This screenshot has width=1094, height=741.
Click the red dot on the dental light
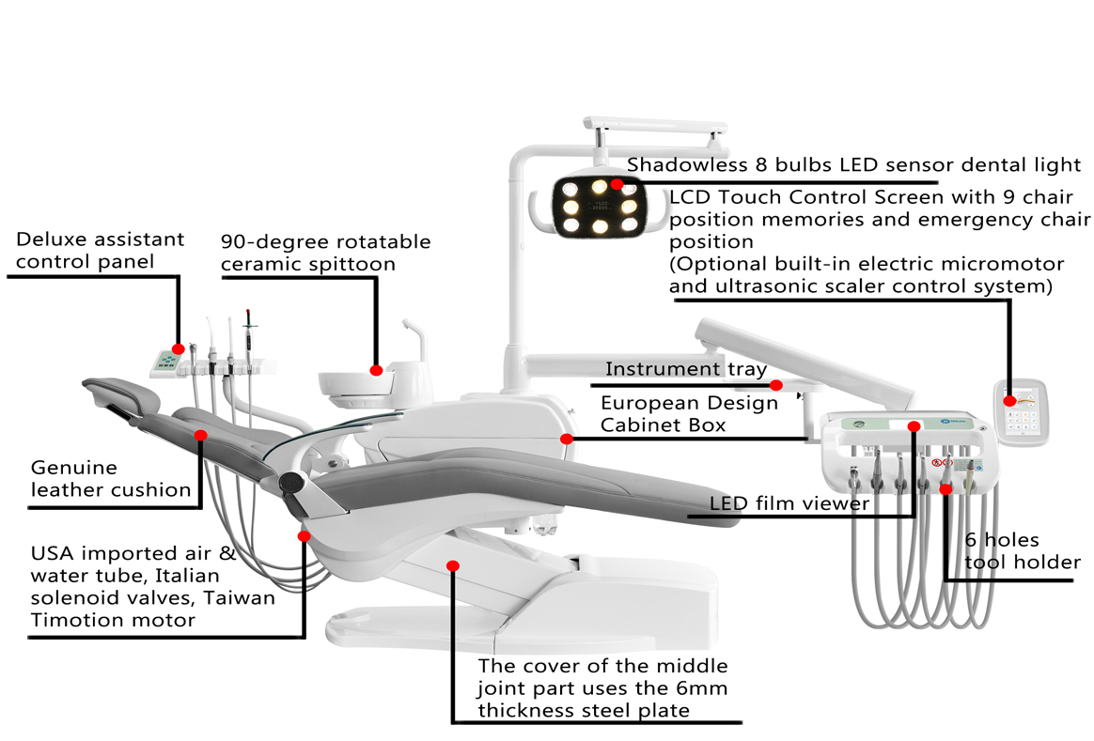617,185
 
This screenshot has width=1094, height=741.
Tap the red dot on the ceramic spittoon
377,370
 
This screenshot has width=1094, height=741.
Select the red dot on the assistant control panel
179,349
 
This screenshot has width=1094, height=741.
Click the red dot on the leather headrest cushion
200,435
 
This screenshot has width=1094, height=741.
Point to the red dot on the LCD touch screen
1009,401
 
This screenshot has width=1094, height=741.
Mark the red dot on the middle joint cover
453,565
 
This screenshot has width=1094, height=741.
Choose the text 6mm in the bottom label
702,688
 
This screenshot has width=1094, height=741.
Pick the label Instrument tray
685,370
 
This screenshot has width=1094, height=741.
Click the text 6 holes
1002,540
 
